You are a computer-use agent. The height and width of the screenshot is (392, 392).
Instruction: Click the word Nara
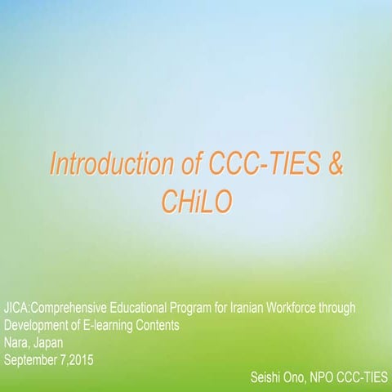(16, 341)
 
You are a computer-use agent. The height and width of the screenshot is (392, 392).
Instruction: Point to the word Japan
(50, 341)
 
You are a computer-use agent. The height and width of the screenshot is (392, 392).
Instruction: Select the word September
(33, 358)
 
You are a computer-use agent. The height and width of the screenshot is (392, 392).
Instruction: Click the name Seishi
(268, 376)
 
